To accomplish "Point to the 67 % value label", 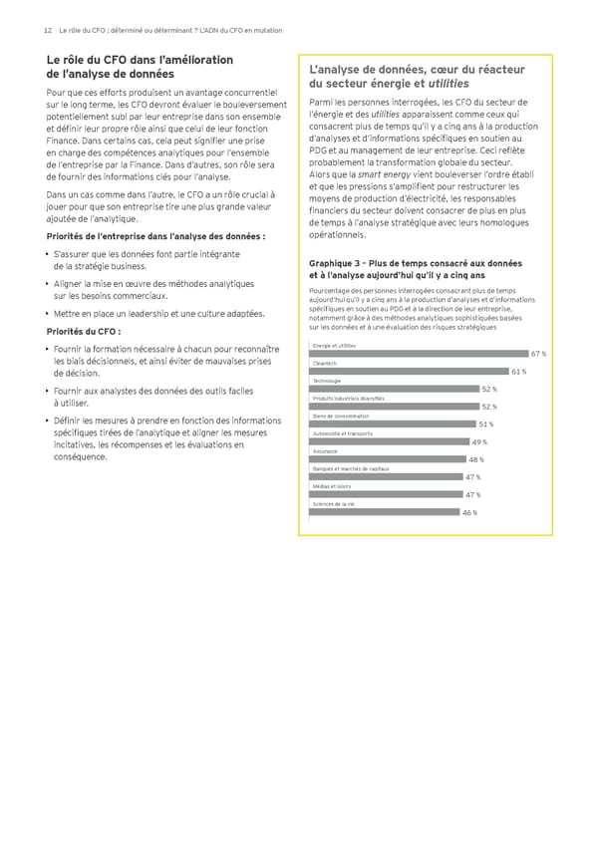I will click(538, 354).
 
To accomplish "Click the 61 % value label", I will click(518, 372).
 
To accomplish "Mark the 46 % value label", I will click(469, 512).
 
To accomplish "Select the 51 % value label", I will click(487, 424).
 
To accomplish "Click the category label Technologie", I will click(327, 382).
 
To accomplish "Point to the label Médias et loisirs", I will click(332, 486).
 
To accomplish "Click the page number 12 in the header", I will click(48, 31).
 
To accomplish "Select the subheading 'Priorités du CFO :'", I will click(84, 332).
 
